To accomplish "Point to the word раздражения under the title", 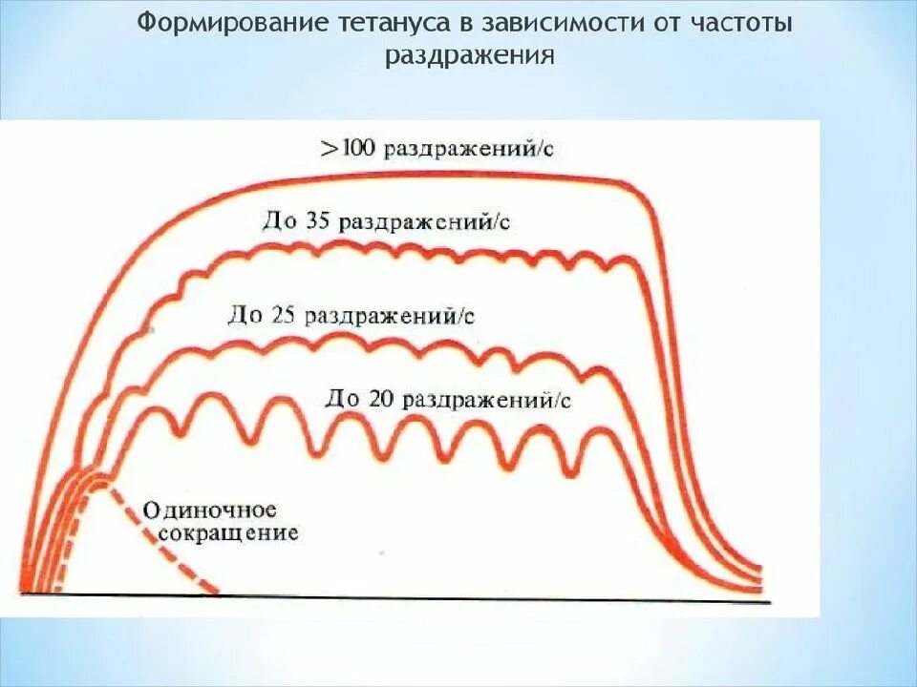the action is pos(470,54).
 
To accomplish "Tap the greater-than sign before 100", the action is pos(329,150).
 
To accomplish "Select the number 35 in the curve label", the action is pos(319,221).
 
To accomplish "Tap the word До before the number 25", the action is pos(242,314).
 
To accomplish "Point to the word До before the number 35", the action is pos(279,221).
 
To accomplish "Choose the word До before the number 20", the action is pos(341,398).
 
